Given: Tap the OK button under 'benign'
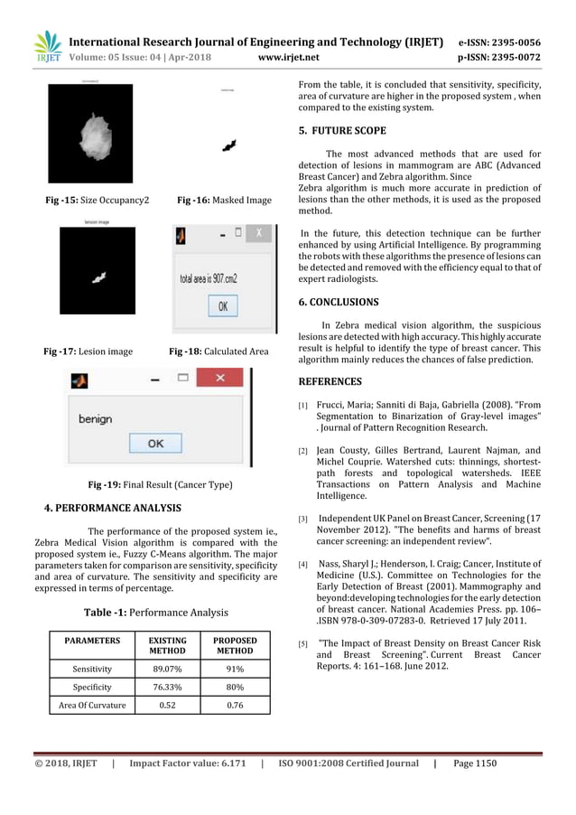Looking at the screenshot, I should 155,443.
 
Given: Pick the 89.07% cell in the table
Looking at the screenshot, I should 167,670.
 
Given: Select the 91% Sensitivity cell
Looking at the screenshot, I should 235,670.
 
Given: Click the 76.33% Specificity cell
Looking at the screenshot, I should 167,688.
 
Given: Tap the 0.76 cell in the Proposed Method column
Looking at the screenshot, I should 235,706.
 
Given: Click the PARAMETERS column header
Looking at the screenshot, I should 92,640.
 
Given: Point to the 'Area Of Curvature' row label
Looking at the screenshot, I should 92,706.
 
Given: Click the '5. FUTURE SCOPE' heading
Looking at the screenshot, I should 342,130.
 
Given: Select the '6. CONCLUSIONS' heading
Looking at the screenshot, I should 339,302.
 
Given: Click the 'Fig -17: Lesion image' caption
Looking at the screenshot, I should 88,351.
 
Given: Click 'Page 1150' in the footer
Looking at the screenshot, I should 475,763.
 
